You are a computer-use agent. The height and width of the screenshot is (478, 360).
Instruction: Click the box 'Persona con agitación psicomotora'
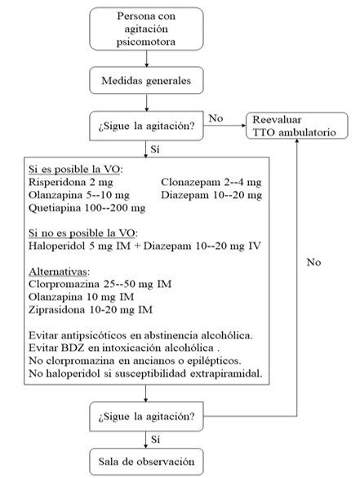(146, 29)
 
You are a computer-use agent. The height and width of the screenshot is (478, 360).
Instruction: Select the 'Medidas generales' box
(146, 81)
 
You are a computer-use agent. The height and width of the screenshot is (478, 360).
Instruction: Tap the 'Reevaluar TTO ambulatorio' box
(297, 126)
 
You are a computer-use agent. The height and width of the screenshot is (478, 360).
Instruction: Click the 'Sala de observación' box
(146, 461)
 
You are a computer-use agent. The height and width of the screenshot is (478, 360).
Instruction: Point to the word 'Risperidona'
(57, 182)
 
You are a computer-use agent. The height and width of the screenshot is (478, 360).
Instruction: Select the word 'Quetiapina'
(55, 208)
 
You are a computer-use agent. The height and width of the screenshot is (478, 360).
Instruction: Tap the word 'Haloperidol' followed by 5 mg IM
(57, 246)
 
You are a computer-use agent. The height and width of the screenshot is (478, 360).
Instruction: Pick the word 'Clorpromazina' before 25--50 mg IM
(64, 284)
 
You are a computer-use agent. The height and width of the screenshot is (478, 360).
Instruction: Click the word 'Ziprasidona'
(57, 310)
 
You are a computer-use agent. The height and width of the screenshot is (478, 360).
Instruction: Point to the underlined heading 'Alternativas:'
(60, 272)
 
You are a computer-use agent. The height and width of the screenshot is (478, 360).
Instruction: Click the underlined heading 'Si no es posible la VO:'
(83, 233)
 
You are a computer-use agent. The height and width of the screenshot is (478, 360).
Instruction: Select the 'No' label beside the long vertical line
(313, 262)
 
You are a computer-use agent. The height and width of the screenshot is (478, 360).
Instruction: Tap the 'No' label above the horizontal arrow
(216, 118)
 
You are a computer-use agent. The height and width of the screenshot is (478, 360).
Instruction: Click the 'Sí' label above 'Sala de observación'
(155, 440)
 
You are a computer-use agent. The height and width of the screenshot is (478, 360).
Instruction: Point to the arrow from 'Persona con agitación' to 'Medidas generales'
(146, 59)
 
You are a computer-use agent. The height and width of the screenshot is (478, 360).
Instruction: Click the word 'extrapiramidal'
(226, 374)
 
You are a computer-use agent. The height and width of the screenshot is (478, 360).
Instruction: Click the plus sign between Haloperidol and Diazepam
(137, 246)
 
